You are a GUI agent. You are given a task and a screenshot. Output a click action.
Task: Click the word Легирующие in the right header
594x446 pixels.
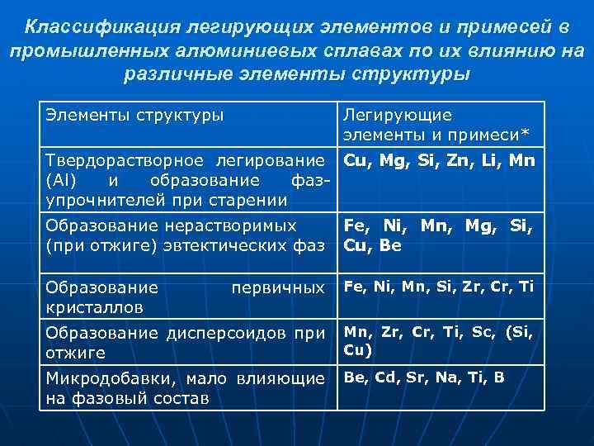(x=386, y=115)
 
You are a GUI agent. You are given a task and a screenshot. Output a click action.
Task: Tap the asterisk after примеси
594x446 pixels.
(x=526, y=135)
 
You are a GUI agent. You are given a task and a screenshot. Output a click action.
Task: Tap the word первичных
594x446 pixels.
(x=278, y=287)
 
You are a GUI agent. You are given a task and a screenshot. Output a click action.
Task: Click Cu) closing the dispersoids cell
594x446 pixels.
(x=357, y=349)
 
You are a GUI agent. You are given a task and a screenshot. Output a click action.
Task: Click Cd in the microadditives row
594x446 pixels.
(x=385, y=377)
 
